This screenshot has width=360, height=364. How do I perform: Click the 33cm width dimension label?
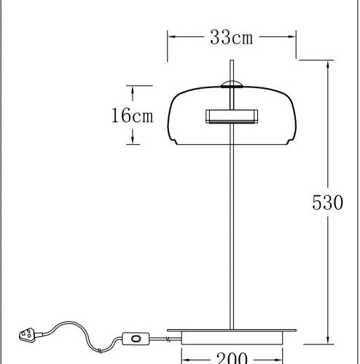[x=231, y=37]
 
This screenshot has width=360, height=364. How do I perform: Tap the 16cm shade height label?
[x=133, y=116]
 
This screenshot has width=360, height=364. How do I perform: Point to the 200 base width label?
[x=232, y=357]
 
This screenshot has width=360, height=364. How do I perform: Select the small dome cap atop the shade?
[x=231, y=82]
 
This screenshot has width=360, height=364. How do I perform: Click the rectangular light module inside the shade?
[x=231, y=115]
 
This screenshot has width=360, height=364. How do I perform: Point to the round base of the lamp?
[x=232, y=336]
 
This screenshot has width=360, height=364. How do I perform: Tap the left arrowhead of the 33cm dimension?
[x=171, y=34]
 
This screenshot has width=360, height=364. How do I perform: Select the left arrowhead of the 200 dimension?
[x=184, y=358]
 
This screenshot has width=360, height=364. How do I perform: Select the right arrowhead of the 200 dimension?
[x=278, y=358]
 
